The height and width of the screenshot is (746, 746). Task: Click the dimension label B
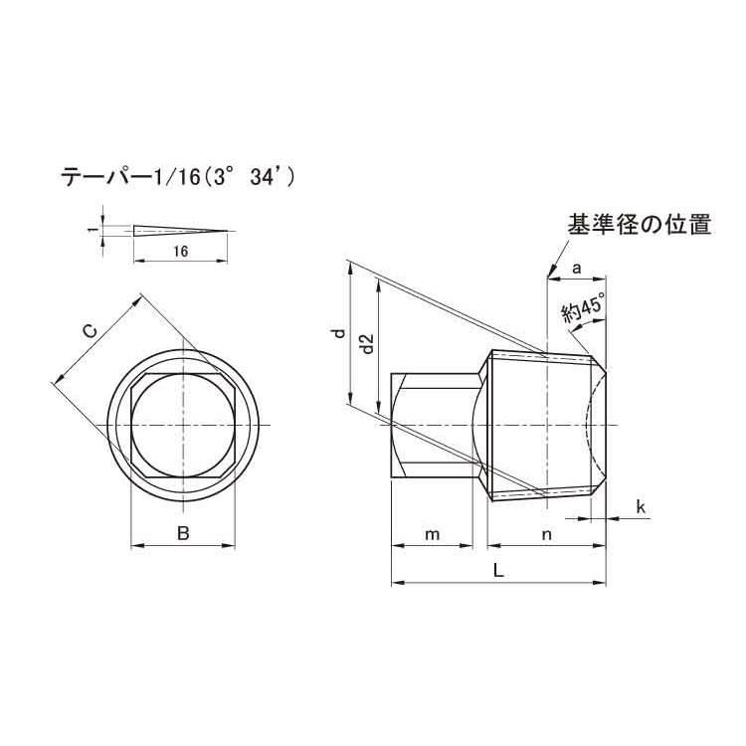pyautogui.click(x=183, y=534)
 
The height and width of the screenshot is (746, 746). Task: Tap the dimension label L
pyautogui.click(x=498, y=571)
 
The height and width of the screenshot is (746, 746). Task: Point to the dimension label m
pyautogui.click(x=432, y=534)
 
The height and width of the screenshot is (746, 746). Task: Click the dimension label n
pyautogui.click(x=546, y=534)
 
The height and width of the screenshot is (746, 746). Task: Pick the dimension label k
pyautogui.click(x=641, y=508)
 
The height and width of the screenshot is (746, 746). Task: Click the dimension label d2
pyautogui.click(x=366, y=345)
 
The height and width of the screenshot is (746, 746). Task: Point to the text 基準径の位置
pyautogui.click(x=639, y=225)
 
